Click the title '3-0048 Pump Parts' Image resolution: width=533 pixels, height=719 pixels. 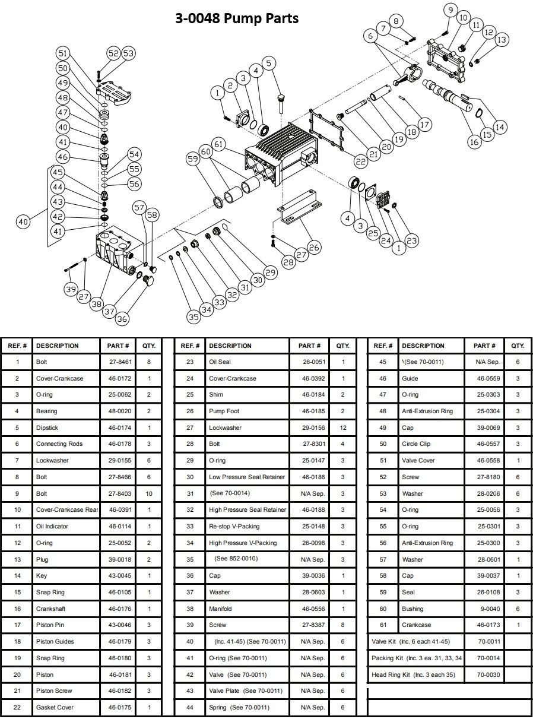point(236,18)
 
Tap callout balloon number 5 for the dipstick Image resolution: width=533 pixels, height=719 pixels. point(268,63)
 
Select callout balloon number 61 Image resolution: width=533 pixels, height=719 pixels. point(219,144)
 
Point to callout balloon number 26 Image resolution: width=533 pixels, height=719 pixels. point(314,246)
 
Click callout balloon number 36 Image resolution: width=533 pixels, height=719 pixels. point(122,318)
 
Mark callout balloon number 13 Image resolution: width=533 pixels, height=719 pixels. point(502,40)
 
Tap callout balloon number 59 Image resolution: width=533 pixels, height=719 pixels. point(192,159)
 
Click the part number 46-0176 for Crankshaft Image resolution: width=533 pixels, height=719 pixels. point(119,609)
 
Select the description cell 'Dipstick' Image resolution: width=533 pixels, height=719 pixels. point(47,427)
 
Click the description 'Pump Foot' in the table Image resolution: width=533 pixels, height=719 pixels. point(225,411)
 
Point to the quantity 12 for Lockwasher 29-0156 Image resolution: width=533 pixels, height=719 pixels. point(342,427)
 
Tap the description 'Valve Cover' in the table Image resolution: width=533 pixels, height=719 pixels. point(418,460)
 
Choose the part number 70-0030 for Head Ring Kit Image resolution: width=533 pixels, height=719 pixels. point(489,674)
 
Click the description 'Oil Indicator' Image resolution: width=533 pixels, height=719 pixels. point(52,526)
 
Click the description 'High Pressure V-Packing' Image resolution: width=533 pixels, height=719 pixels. point(243,543)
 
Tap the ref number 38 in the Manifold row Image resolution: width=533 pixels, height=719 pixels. point(190,609)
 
